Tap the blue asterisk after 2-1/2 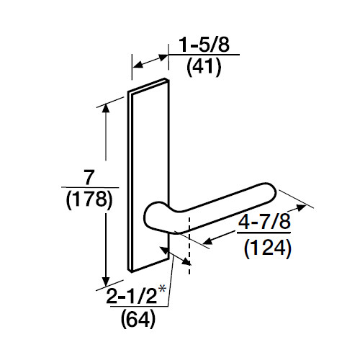point(163,289)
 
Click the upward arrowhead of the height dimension point(107,108)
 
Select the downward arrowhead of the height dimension point(107,282)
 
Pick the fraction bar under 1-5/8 point(203,58)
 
